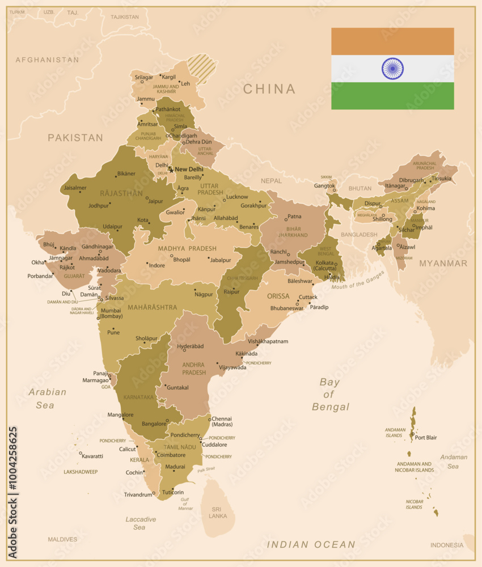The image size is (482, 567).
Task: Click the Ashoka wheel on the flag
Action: pos(392,69)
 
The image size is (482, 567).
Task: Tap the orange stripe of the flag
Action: pos(392,41)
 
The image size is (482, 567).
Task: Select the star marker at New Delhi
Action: pos(171,170)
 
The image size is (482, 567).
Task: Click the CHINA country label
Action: pos(269,89)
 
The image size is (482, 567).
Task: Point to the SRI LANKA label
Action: pos(218,513)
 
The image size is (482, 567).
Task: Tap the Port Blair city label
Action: pos(426,438)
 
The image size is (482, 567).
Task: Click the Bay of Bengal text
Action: pos(330,394)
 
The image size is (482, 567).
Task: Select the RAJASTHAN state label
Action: pos(121,193)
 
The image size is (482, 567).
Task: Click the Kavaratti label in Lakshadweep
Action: pos(92,456)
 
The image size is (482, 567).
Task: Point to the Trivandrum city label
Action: pos(138,495)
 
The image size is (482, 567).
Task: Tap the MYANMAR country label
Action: pos(443,263)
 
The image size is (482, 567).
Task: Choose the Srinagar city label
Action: pos(144,77)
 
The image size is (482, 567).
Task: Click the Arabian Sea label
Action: pos(48,398)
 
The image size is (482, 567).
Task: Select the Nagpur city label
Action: pos(204,294)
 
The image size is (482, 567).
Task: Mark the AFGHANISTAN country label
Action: pos(47,60)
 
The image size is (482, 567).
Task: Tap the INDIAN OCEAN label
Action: pos(311,544)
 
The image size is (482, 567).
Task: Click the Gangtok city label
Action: pos(325,185)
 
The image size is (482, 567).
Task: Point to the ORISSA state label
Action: pos(278,296)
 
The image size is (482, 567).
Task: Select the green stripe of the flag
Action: pos(392,96)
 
